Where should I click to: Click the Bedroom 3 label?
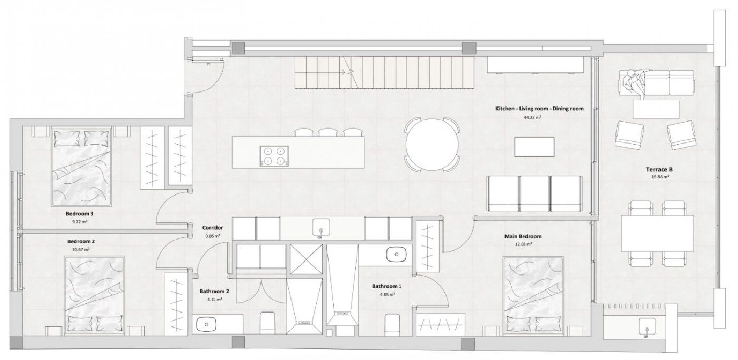point(80,214)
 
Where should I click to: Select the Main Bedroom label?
point(523,236)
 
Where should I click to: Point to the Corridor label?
point(213,228)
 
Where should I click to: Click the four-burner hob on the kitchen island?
point(274,156)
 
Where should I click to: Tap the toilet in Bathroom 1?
point(392,325)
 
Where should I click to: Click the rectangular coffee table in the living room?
point(534,147)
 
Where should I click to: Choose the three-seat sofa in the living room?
point(534,193)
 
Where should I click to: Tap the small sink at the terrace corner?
point(646,325)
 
